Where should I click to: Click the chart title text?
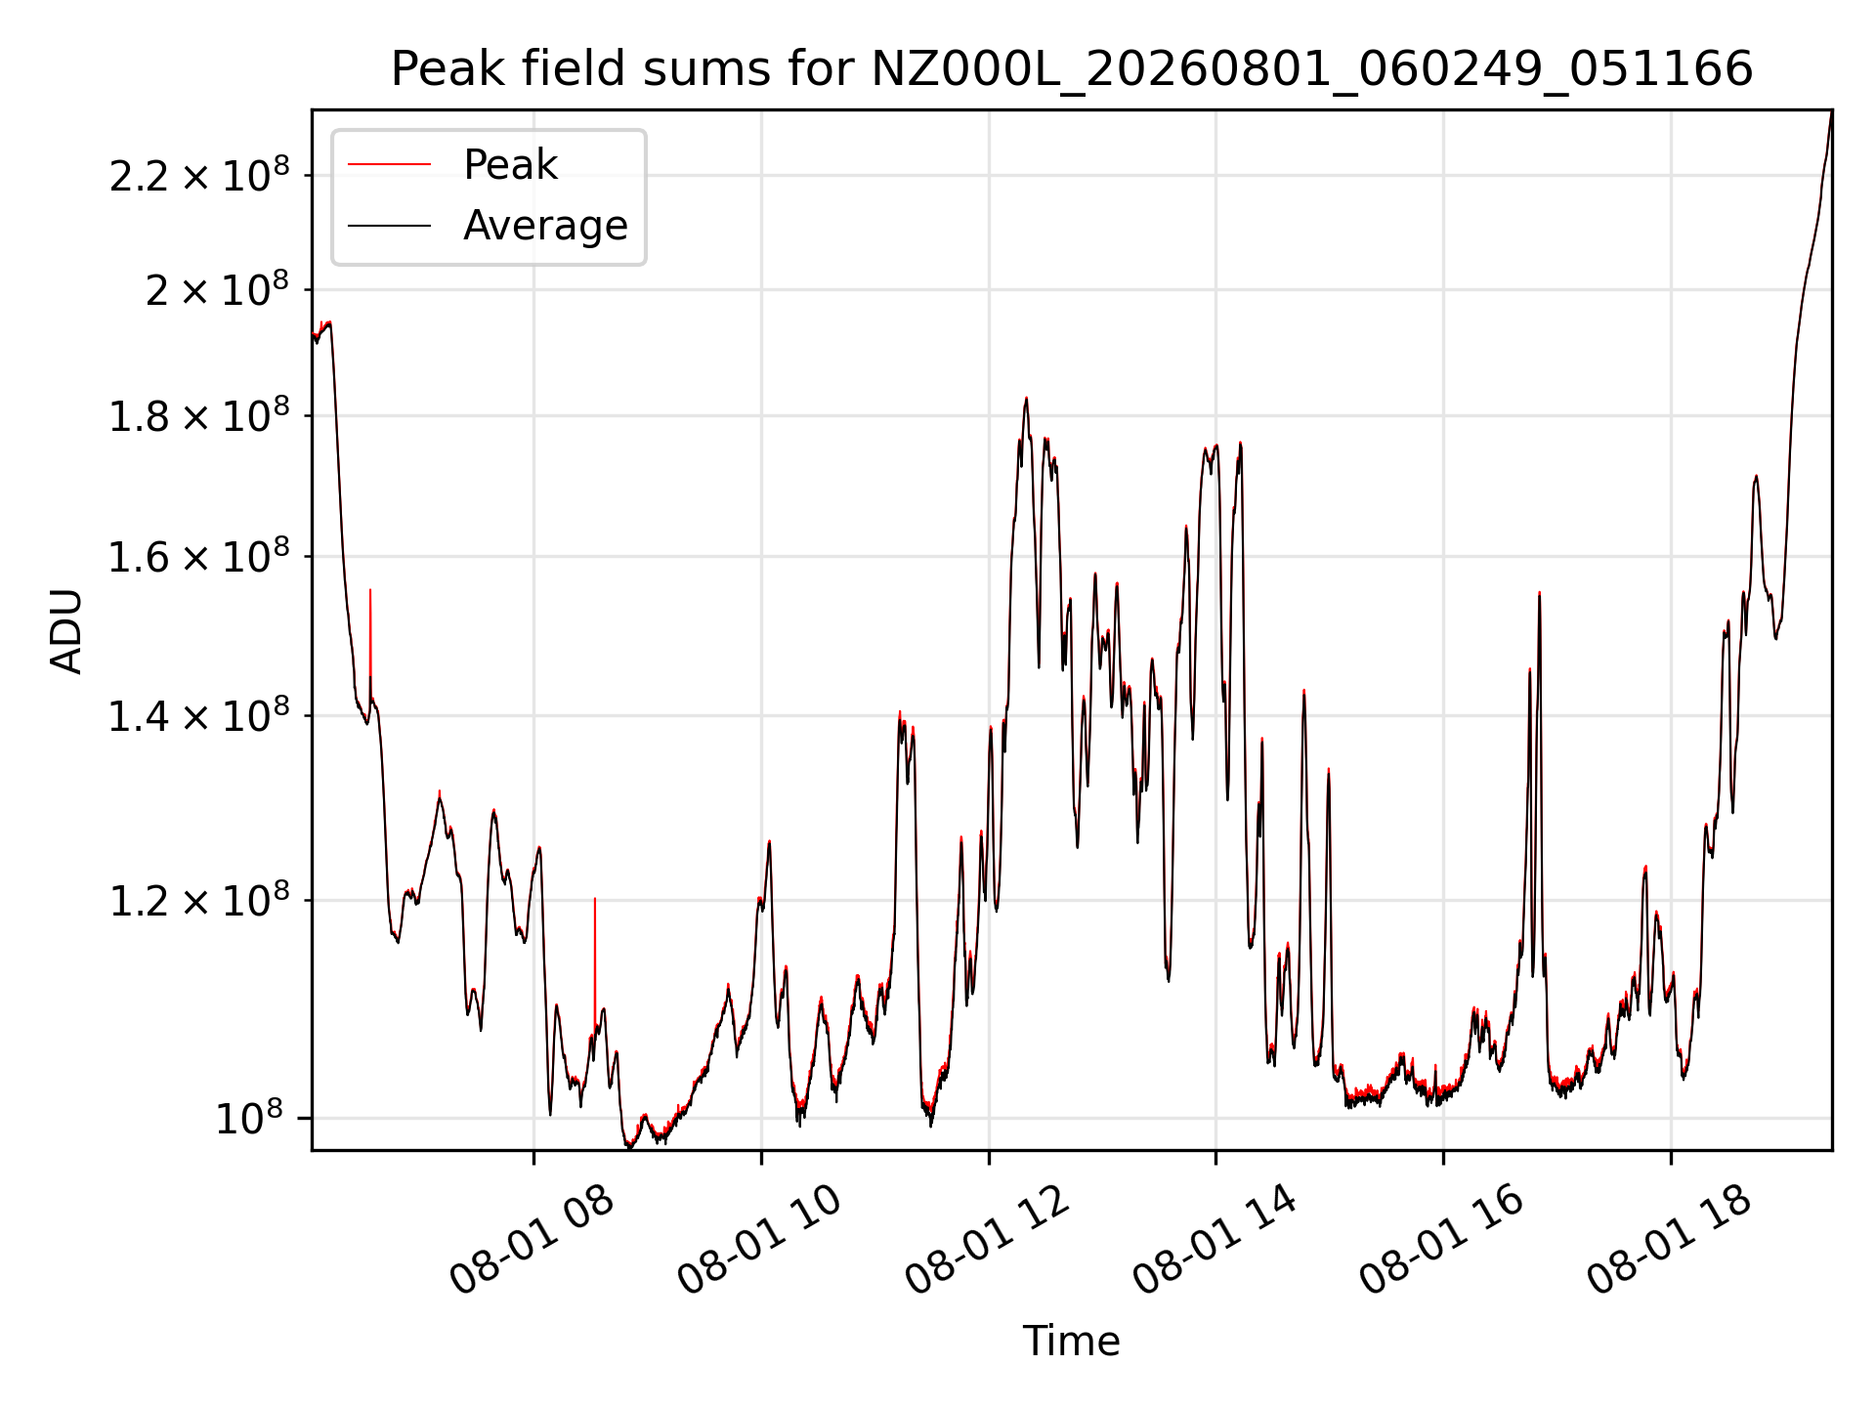pyautogui.click(x=1072, y=69)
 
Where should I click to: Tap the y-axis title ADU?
pyautogui.click(x=66, y=630)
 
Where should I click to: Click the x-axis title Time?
pyautogui.click(x=1071, y=1341)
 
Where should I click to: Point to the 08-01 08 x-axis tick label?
pyautogui.click(x=533, y=1239)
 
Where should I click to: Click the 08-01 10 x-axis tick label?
pyautogui.click(x=760, y=1239)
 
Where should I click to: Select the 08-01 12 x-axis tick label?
pyautogui.click(x=988, y=1239)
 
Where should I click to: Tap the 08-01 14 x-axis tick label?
pyautogui.click(x=1215, y=1239)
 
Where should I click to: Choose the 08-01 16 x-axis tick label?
pyautogui.click(x=1442, y=1239)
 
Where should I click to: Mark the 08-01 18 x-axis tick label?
pyautogui.click(x=1670, y=1239)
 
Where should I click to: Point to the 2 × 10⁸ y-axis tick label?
pyautogui.click(x=218, y=289)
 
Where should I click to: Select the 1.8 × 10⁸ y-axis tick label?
pyautogui.click(x=199, y=415)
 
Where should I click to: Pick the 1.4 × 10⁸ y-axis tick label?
pyautogui.click(x=199, y=715)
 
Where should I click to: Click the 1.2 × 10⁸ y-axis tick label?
pyautogui.click(x=199, y=900)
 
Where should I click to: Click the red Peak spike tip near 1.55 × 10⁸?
pyautogui.click(x=370, y=589)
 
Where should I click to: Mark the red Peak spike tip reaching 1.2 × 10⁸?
pyautogui.click(x=595, y=898)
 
